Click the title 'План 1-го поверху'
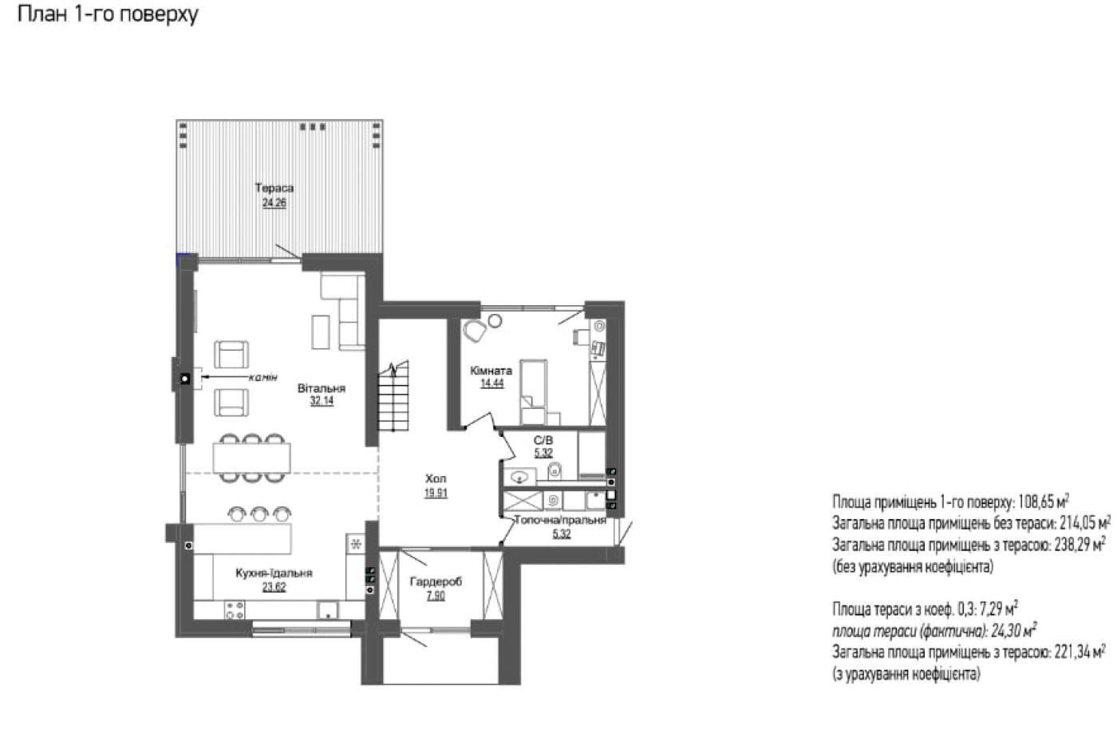(x=108, y=14)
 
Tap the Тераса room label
(x=274, y=188)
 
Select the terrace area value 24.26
(x=274, y=203)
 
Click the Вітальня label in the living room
(x=322, y=388)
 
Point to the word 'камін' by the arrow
(x=262, y=378)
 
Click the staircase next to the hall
(x=393, y=396)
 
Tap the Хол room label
(x=436, y=478)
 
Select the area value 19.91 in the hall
(x=436, y=494)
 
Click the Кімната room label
(x=491, y=371)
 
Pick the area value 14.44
(x=491, y=383)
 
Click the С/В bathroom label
(x=543, y=440)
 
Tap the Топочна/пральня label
(x=560, y=520)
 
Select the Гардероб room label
(x=436, y=581)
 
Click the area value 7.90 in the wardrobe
(x=436, y=595)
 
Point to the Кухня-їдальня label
(x=274, y=573)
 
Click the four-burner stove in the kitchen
(x=235, y=609)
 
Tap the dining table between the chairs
(x=252, y=458)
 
